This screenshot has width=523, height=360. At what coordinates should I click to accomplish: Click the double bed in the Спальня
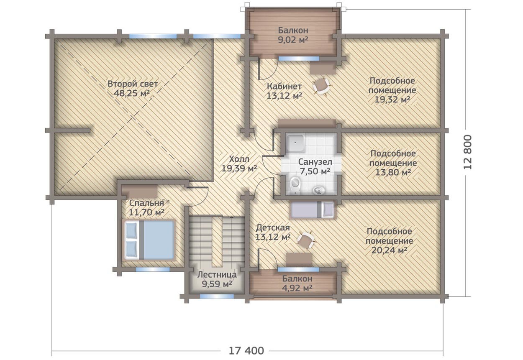click(x=149, y=240)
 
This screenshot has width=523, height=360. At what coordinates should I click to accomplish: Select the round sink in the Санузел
click(x=318, y=191)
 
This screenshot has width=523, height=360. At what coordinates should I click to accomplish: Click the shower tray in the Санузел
click(x=295, y=143)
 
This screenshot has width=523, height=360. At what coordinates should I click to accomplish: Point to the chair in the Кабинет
click(x=321, y=86)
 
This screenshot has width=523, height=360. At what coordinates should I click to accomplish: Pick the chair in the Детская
click(x=306, y=240)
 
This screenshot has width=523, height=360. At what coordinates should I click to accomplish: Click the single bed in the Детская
click(x=312, y=209)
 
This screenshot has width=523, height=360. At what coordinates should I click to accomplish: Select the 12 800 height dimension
click(x=468, y=152)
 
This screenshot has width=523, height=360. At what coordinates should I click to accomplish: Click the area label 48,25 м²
click(x=132, y=93)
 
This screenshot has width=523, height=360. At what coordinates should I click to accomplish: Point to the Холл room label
click(x=239, y=159)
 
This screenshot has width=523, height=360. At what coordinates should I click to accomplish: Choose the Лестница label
click(x=217, y=275)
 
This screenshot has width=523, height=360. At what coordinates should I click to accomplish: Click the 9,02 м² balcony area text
click(x=293, y=40)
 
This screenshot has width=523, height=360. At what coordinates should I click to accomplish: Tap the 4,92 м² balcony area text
click(x=297, y=288)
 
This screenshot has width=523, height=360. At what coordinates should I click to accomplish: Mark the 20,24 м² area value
click(x=389, y=250)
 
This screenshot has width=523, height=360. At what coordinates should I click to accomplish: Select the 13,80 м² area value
click(x=393, y=172)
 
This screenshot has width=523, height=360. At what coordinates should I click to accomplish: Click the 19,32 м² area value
click(x=392, y=100)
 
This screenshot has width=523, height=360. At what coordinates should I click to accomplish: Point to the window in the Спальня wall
click(x=153, y=269)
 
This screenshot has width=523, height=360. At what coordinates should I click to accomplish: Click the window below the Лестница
click(x=217, y=296)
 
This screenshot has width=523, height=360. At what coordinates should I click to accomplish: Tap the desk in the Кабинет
click(x=323, y=68)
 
